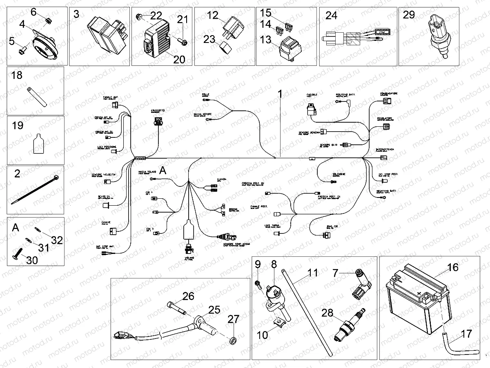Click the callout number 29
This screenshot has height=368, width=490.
(x=409, y=15)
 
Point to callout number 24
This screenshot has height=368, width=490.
(x=331, y=16)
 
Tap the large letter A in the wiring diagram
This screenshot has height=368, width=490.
(x=163, y=171)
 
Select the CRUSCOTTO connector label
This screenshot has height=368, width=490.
(x=157, y=111)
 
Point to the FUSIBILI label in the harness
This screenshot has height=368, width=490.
(x=312, y=95)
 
